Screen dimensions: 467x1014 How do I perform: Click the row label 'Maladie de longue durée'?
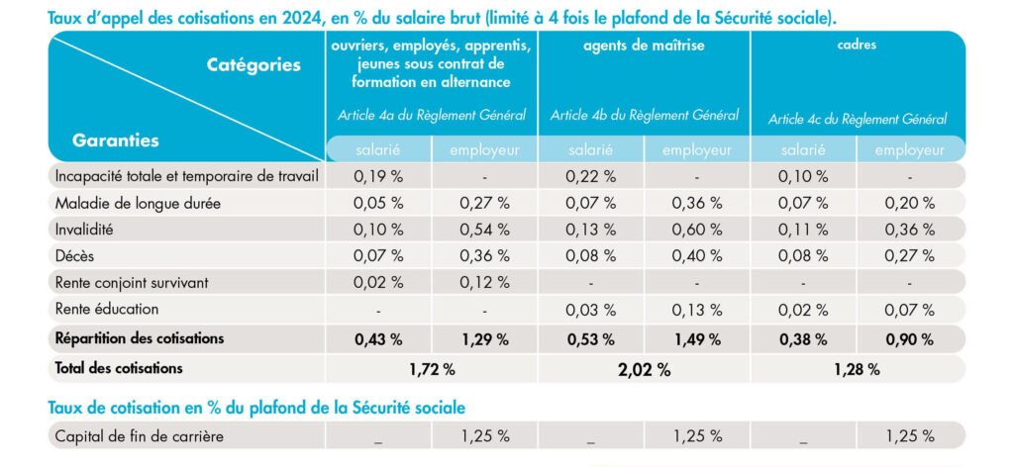[x=138, y=204]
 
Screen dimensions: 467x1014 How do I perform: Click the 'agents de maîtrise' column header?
[x=644, y=47]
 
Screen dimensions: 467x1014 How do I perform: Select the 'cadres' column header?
[x=858, y=47]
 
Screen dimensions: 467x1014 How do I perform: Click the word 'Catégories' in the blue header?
[x=253, y=65]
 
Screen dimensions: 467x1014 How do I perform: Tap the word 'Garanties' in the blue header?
[x=115, y=140]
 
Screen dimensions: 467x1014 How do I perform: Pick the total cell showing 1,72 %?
[x=432, y=370]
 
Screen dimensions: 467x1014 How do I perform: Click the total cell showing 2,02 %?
[x=645, y=370]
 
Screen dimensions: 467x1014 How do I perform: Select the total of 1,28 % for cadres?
[x=857, y=370]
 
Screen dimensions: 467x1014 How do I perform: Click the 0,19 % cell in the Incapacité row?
[x=378, y=177]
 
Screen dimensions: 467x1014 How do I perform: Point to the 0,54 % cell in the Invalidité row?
[x=484, y=230]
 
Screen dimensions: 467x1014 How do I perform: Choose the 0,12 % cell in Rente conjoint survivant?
[x=484, y=283]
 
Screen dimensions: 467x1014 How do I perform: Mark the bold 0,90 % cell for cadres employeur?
[x=910, y=338]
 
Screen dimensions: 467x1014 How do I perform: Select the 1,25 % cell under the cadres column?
[x=910, y=436]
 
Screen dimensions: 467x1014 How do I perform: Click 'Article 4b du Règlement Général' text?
[x=644, y=116]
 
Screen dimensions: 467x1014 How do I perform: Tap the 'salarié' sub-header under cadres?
[x=803, y=150]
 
